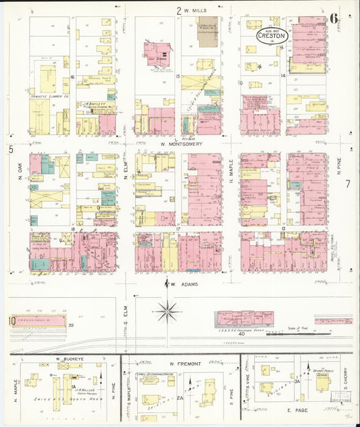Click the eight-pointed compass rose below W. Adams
(168, 312)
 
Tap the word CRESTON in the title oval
(271, 36)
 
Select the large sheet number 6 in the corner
(334, 18)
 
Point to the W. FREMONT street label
(186, 364)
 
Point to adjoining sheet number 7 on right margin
(349, 183)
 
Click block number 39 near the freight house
(70, 325)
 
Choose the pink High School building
(157, 53)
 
